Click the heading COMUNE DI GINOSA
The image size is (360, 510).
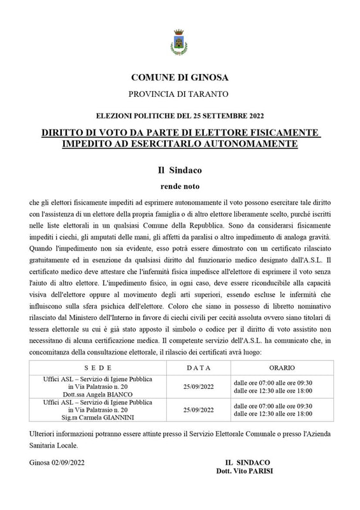click(x=179, y=78)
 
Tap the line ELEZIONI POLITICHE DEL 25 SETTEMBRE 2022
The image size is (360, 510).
click(x=179, y=116)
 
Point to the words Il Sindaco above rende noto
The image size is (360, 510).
click(x=179, y=171)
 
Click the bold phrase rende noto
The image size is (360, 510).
click(x=179, y=187)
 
